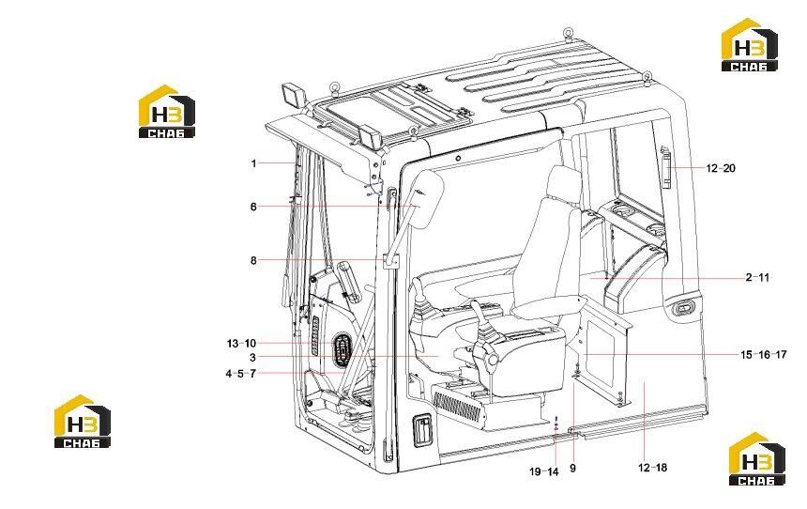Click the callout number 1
[253, 163]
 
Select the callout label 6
[253, 207]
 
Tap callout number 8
[253, 261]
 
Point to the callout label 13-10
[241, 343]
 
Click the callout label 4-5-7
[241, 374]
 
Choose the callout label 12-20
[721, 168]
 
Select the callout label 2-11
[757, 277]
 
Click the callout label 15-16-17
[764, 354]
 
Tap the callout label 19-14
[544, 471]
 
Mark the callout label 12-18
[652, 468]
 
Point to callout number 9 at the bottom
[572, 469]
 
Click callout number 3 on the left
[252, 358]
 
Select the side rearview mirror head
[427, 198]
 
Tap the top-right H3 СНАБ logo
[749, 44]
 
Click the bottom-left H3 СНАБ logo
[83, 421]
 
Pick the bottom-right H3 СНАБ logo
[757, 458]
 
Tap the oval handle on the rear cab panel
[682, 308]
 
